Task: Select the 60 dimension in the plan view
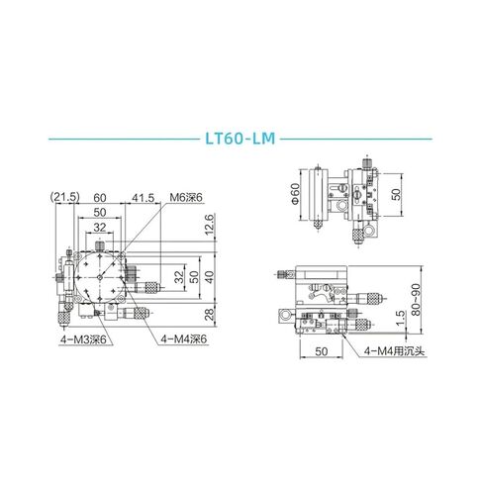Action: (99, 198)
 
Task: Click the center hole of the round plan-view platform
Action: (100, 279)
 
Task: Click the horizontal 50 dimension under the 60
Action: (99, 212)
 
